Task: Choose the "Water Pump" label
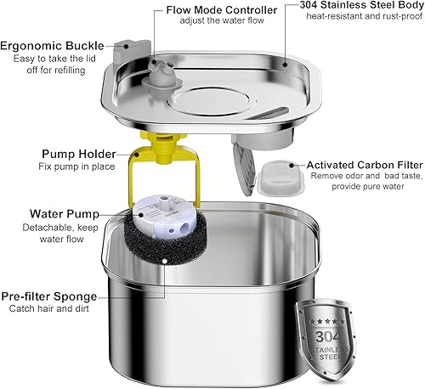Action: tap(64, 214)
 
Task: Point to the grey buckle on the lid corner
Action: tap(127, 55)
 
